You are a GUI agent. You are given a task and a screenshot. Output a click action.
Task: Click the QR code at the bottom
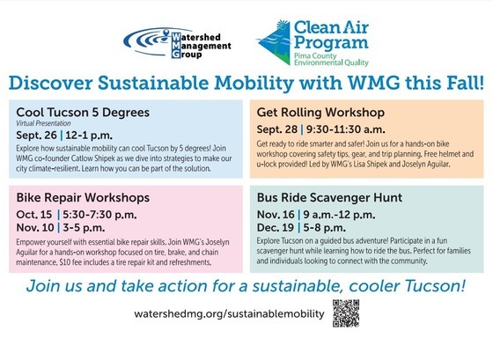[x=347, y=313]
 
